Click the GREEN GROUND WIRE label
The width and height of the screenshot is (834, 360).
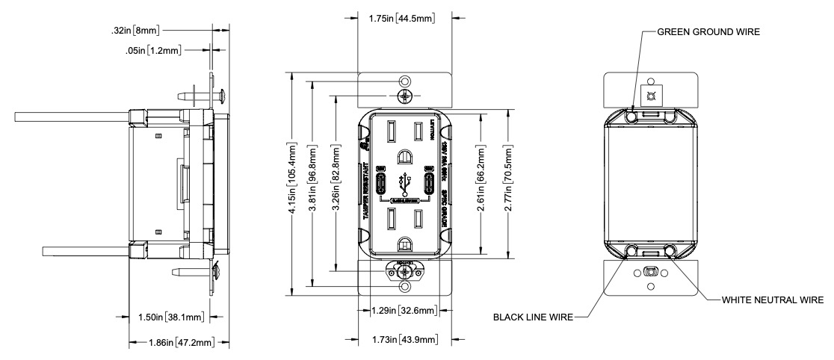pos(708,32)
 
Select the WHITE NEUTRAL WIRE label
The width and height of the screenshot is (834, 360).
pos(772,300)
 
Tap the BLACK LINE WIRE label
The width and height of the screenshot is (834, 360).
pos(533,317)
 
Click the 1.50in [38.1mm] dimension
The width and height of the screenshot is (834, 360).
pos(172,317)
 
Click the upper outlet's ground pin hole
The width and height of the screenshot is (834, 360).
pos(405,157)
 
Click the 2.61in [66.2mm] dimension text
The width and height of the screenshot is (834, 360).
pos(484,182)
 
